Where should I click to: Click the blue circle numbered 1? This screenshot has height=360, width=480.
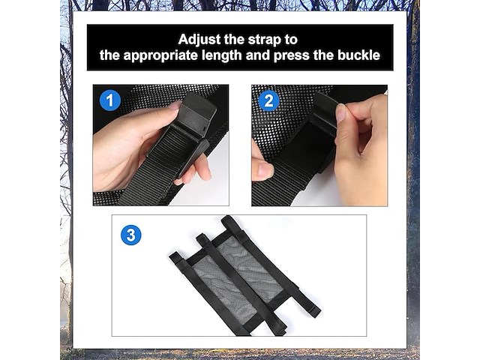coord(110,100)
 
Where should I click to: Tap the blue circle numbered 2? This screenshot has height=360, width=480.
coord(268,101)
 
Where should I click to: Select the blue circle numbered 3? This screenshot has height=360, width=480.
coord(131,235)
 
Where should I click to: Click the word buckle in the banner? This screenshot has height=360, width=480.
coord(358,55)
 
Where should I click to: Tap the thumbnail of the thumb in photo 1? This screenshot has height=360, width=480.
coord(175,106)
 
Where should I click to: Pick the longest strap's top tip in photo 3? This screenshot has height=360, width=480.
coord(226,218)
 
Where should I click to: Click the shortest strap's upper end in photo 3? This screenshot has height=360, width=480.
coord(175,256)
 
